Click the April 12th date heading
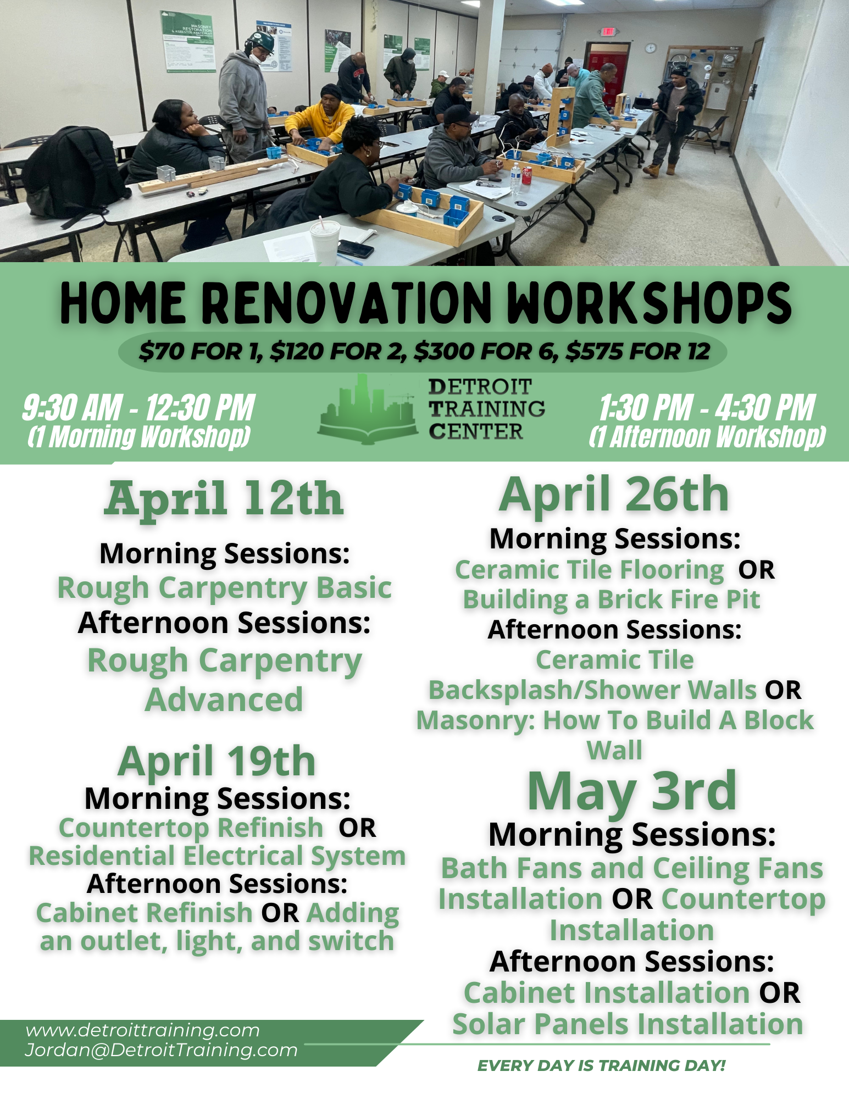[224, 498]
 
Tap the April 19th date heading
[217, 761]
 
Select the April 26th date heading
[614, 495]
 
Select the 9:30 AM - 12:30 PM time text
[138, 408]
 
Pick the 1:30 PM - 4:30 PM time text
[707, 408]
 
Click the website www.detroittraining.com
[142, 1030]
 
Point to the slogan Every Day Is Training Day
[601, 1065]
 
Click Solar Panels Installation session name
[628, 1024]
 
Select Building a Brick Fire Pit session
[611, 600]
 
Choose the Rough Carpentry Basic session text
[224, 588]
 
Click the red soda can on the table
[527, 175]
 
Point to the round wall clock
[651, 48]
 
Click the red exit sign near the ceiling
[608, 31]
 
